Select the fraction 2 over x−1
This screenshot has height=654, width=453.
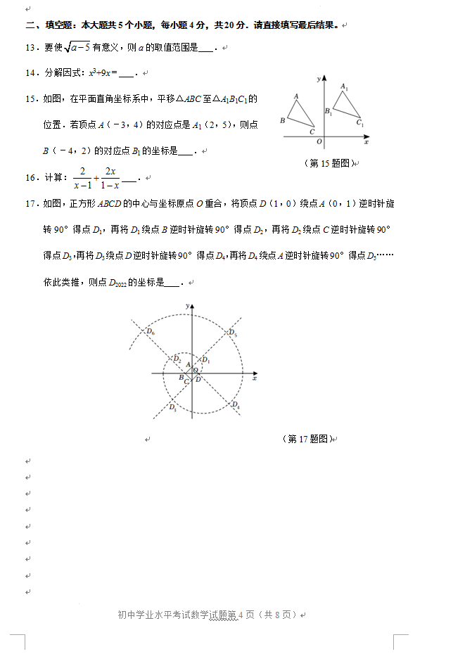[82, 179]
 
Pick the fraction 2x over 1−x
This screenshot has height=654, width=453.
[109, 179]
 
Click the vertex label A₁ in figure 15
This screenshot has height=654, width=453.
[344, 87]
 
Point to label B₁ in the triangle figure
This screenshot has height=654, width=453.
[328, 111]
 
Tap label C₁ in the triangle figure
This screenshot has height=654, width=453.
[359, 124]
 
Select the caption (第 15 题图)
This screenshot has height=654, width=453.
[327, 163]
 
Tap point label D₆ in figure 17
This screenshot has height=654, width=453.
[151, 332]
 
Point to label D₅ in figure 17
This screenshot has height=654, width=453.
[233, 333]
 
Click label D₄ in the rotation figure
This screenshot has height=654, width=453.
[235, 404]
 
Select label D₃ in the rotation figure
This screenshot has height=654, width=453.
[172, 407]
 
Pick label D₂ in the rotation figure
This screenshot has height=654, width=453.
[177, 360]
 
